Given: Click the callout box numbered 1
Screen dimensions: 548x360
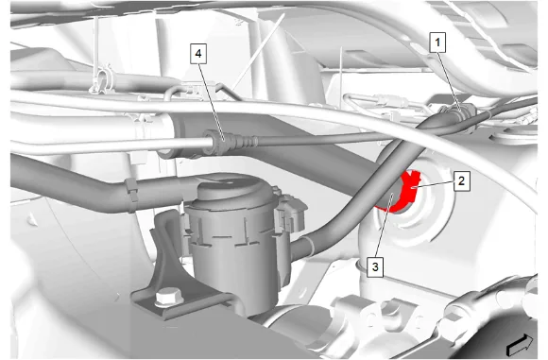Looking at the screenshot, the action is [437, 43].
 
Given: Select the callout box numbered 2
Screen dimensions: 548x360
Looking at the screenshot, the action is [462, 181].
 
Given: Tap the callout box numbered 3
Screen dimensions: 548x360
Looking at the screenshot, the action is [375, 267].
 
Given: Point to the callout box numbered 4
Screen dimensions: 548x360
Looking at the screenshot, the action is [198, 54].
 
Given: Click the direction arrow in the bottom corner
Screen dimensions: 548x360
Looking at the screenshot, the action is [521, 345].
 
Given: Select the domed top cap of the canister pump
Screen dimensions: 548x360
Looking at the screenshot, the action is [230, 189].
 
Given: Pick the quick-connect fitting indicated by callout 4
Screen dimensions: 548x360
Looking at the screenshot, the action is [220, 141].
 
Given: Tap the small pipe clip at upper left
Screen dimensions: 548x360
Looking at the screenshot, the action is [102, 81].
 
